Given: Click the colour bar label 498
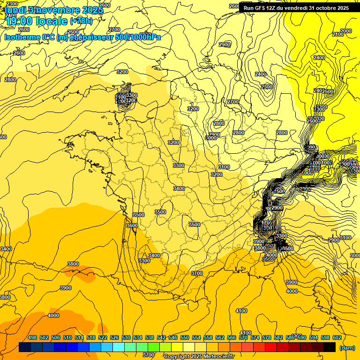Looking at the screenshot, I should point(32,337).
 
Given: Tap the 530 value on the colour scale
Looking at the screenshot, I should point(126,337).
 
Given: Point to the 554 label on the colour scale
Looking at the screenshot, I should point(196,337).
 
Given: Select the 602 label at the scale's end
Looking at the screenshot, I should point(337,337).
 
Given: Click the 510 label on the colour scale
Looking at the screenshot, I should point(67,337).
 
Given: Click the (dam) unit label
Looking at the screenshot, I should point(347,348).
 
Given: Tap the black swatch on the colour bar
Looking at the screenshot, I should point(330,347).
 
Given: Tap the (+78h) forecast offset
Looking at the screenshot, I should point(81,21).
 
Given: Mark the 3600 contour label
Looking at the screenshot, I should point(132,225).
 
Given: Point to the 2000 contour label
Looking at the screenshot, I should point(346,31).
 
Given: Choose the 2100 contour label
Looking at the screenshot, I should point(337,34).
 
